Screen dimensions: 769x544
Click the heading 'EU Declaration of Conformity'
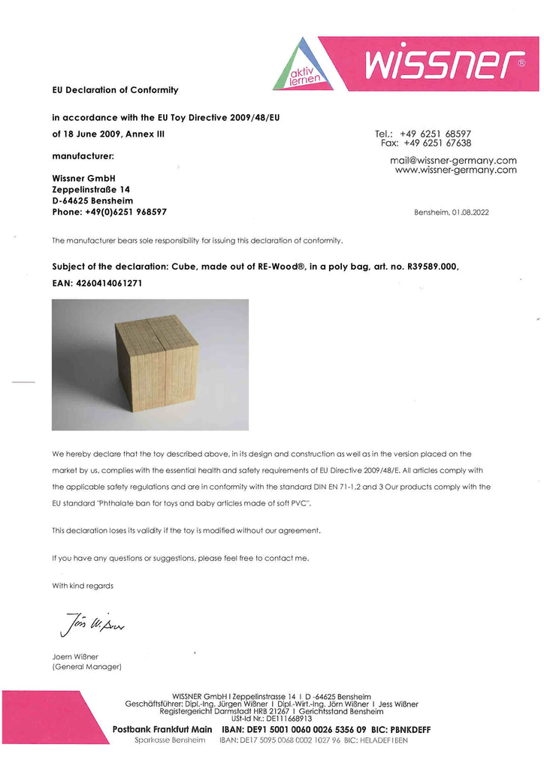tap(115, 90)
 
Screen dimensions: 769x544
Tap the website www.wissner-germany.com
tap(455, 170)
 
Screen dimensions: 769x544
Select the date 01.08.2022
tap(470, 213)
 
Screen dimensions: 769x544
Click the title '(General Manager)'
tap(87, 667)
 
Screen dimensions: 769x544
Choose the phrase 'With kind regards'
tap(83, 585)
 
